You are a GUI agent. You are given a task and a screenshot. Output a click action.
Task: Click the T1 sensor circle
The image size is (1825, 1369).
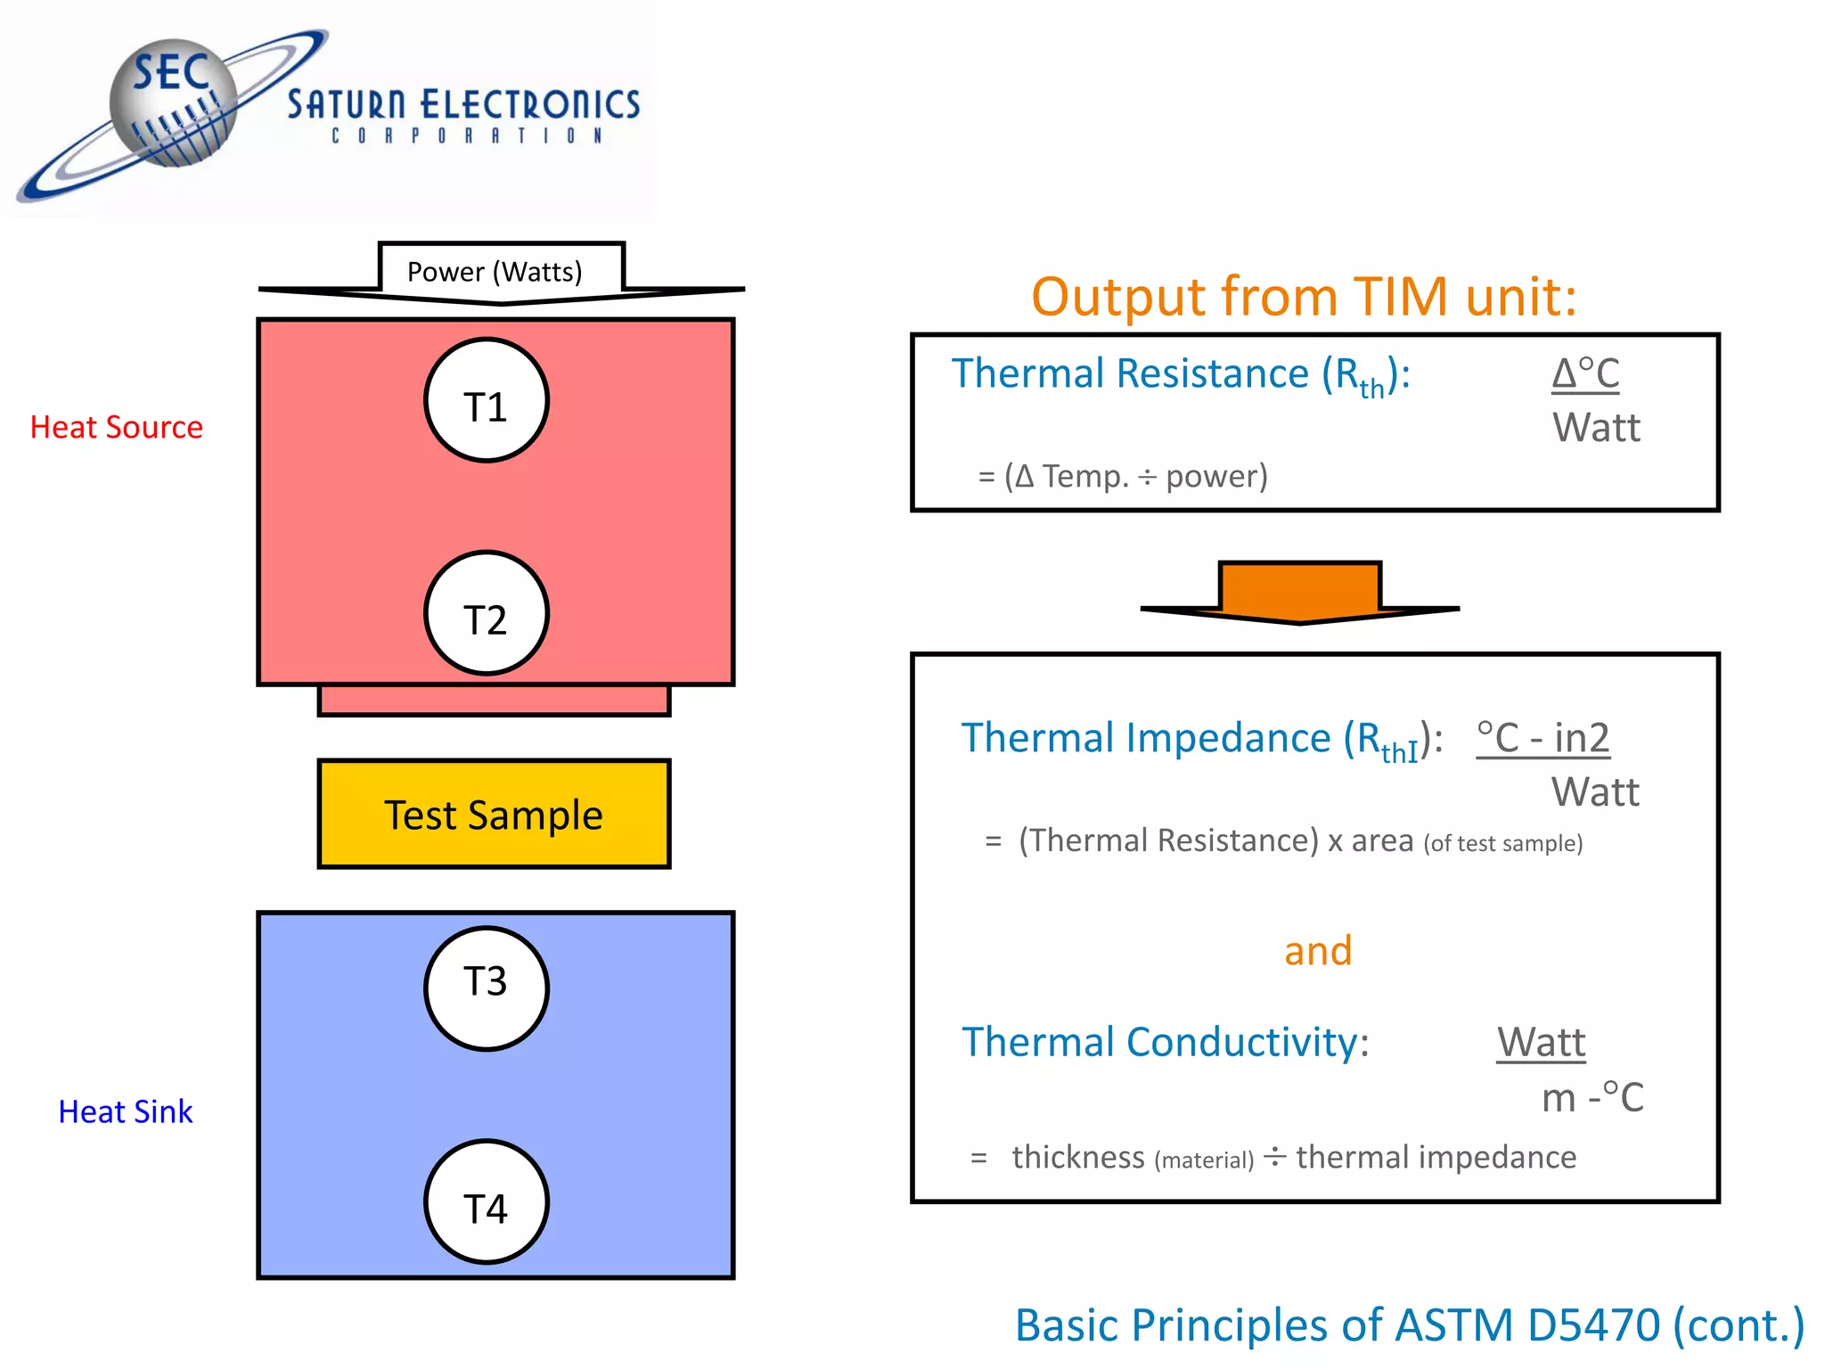486,400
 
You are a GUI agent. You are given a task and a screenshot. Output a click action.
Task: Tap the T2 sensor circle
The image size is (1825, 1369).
486,613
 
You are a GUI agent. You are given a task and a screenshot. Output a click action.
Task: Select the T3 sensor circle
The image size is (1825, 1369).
486,988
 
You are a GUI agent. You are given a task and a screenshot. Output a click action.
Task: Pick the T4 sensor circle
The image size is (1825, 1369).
486,1201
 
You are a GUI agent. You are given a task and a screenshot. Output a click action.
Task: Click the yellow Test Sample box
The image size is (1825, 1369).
494,814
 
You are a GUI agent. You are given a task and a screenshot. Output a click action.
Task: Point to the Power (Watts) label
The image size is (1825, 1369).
495,271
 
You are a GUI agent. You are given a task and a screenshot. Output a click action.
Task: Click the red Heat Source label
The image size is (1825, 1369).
117,427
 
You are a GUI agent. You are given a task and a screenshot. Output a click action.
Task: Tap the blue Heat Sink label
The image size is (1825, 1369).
126,1111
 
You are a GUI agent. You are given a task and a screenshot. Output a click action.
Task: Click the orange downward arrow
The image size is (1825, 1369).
1299,593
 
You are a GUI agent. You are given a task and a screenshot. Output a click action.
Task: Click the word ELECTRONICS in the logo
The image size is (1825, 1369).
530,104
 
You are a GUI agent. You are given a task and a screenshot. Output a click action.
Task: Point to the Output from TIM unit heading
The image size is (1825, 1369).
1304,296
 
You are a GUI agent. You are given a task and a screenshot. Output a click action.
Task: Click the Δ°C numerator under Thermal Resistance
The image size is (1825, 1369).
1585,373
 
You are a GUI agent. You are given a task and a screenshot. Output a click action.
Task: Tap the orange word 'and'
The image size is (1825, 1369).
1318,950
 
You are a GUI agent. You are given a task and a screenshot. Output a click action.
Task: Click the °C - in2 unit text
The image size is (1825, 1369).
1543,738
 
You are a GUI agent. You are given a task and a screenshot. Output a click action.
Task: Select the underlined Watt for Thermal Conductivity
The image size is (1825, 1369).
1541,1042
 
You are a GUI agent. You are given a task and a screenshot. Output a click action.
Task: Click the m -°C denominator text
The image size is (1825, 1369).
1592,1097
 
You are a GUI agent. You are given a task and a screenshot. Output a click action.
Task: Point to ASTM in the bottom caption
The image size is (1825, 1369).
1453,1324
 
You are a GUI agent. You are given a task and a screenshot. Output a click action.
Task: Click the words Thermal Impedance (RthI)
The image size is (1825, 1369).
1201,740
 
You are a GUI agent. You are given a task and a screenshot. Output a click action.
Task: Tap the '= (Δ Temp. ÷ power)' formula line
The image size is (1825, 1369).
1123,476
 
